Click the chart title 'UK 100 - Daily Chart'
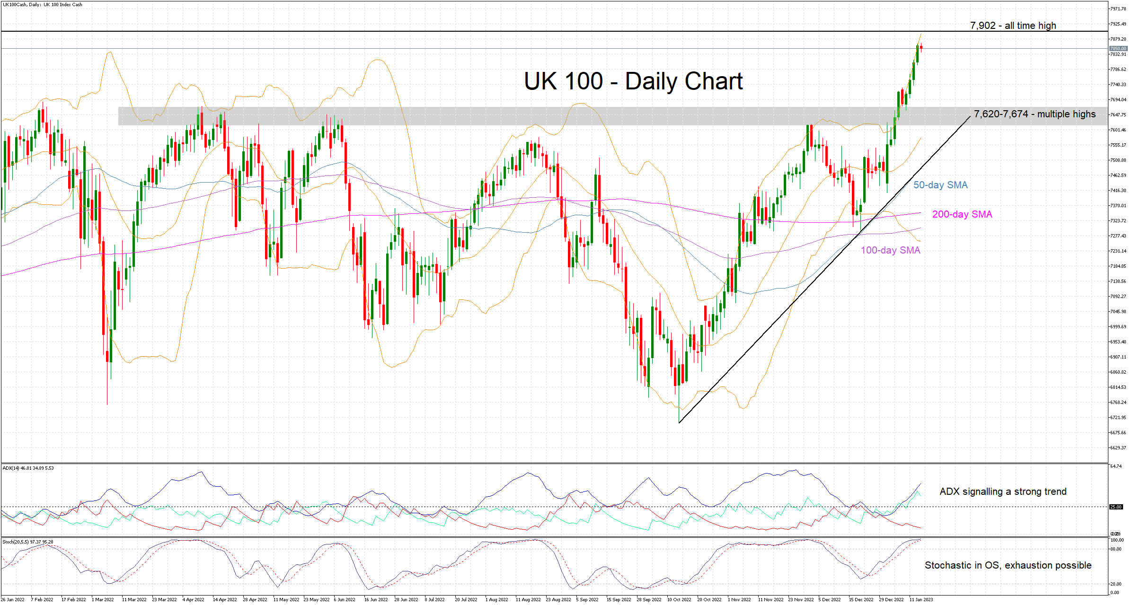pos(633,81)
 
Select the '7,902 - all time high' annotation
pos(1013,26)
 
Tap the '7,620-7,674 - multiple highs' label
pos(1035,114)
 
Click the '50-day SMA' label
pos(940,185)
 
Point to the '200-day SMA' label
pos(962,214)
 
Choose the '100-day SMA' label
pos(890,250)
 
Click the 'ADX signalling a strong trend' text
pos(1003,491)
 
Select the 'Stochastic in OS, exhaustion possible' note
pos(1008,565)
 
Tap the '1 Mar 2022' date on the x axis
pos(103,600)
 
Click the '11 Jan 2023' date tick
pos(921,600)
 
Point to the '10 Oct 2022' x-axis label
pos(679,600)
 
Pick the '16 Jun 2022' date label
pos(376,600)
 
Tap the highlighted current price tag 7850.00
pos(1118,48)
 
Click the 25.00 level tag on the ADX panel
pos(1116,507)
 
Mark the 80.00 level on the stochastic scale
pos(1115,549)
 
